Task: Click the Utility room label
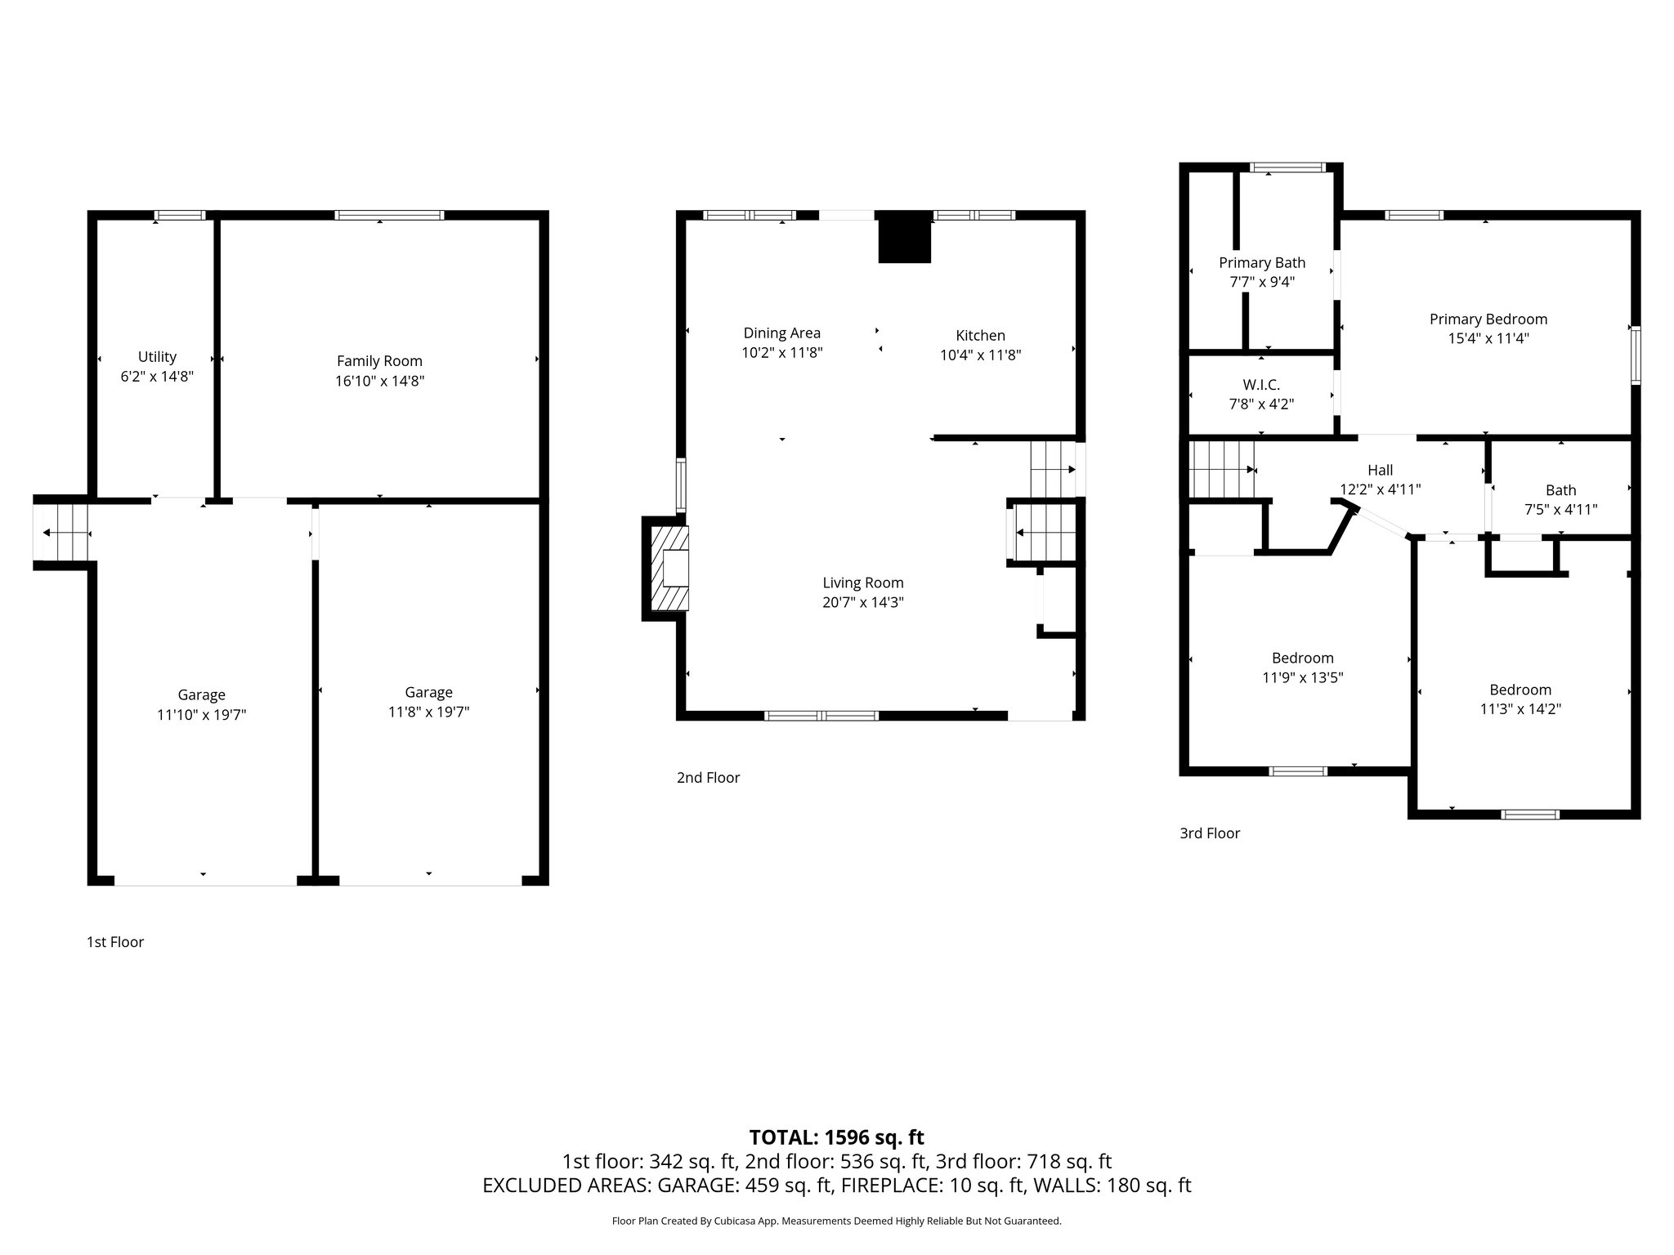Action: [x=157, y=357]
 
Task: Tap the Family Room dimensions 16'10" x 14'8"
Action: [x=379, y=381]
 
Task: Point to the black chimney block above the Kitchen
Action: [x=904, y=237]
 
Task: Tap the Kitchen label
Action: [x=980, y=335]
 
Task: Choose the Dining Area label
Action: [x=781, y=333]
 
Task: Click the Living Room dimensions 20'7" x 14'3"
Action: [x=863, y=603]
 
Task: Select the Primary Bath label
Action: [x=1262, y=262]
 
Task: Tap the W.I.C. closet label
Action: [x=1261, y=384]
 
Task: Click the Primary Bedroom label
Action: [x=1488, y=319]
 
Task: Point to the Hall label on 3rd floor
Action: [x=1380, y=470]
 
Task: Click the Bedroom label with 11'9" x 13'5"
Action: [x=1302, y=658]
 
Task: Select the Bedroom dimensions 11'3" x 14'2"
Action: [x=1520, y=709]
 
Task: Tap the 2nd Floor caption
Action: [x=708, y=778]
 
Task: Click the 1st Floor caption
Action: [x=115, y=942]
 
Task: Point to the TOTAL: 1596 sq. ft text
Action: [x=836, y=1137]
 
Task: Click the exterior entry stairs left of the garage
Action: [x=61, y=532]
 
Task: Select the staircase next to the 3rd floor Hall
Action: [x=1221, y=469]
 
